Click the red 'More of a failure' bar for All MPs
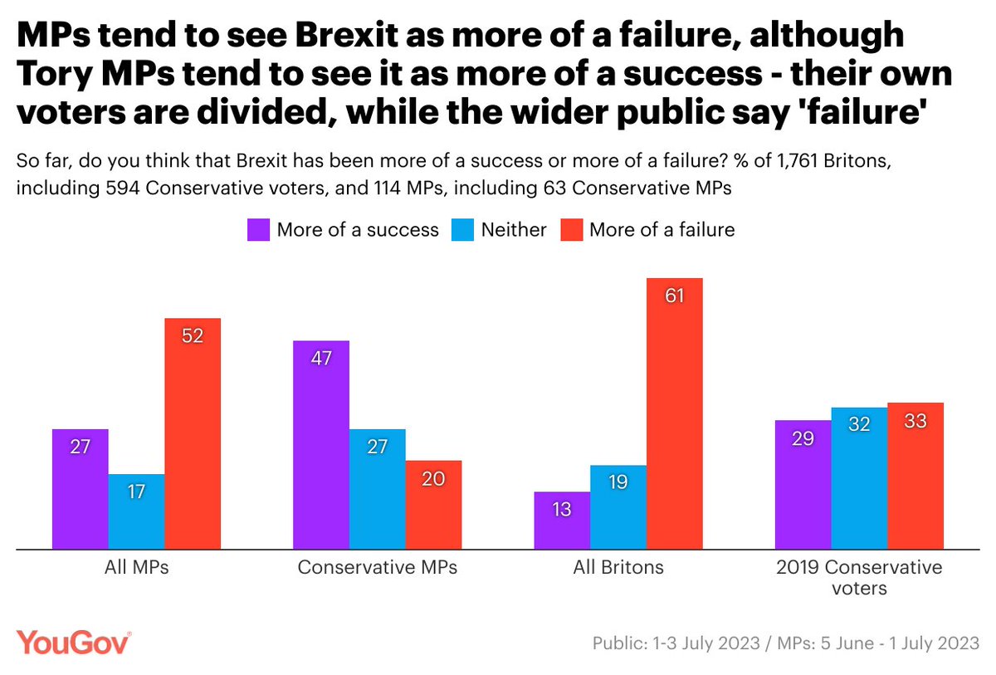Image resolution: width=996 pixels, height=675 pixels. pos(193,433)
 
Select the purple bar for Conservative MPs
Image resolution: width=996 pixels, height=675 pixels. pos(321,444)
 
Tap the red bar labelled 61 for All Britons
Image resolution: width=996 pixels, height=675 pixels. pos(674,413)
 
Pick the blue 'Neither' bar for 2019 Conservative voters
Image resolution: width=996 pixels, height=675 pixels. pos(859,477)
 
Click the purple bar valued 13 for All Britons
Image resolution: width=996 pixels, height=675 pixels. pos(562,520)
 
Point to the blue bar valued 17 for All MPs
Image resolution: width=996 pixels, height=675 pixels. pos(136,511)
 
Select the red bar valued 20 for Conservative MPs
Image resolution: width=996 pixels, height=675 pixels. pos(433,504)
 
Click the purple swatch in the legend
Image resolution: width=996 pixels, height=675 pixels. pos(258,229)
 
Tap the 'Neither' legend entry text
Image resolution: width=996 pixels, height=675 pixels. pos(514,230)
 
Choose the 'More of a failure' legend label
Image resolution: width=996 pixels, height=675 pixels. pos(662,230)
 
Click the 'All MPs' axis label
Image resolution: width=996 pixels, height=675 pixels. pos(136,569)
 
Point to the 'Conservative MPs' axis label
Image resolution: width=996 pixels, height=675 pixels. pos(377,569)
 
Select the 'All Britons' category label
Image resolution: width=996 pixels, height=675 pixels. pos(618,569)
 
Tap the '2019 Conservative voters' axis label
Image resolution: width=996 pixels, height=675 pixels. pos(859,578)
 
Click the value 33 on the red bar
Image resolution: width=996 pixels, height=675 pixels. pos(915,420)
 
